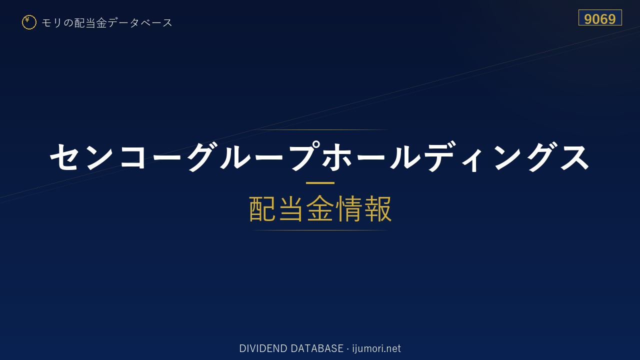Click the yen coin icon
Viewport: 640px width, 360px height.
29,22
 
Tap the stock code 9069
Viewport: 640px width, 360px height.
600,19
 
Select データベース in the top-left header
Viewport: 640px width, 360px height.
140,22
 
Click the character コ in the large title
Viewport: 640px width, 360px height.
132,157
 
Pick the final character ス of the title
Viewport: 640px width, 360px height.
575,157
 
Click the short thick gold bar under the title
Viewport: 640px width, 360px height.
320,183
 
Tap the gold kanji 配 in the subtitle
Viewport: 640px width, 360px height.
262,208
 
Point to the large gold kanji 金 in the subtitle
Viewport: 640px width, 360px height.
320,208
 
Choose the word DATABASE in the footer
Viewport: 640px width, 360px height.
317,348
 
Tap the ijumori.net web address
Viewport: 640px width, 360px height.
376,348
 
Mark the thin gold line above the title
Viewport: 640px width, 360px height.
320,129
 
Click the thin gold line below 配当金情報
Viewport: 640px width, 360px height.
320,230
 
